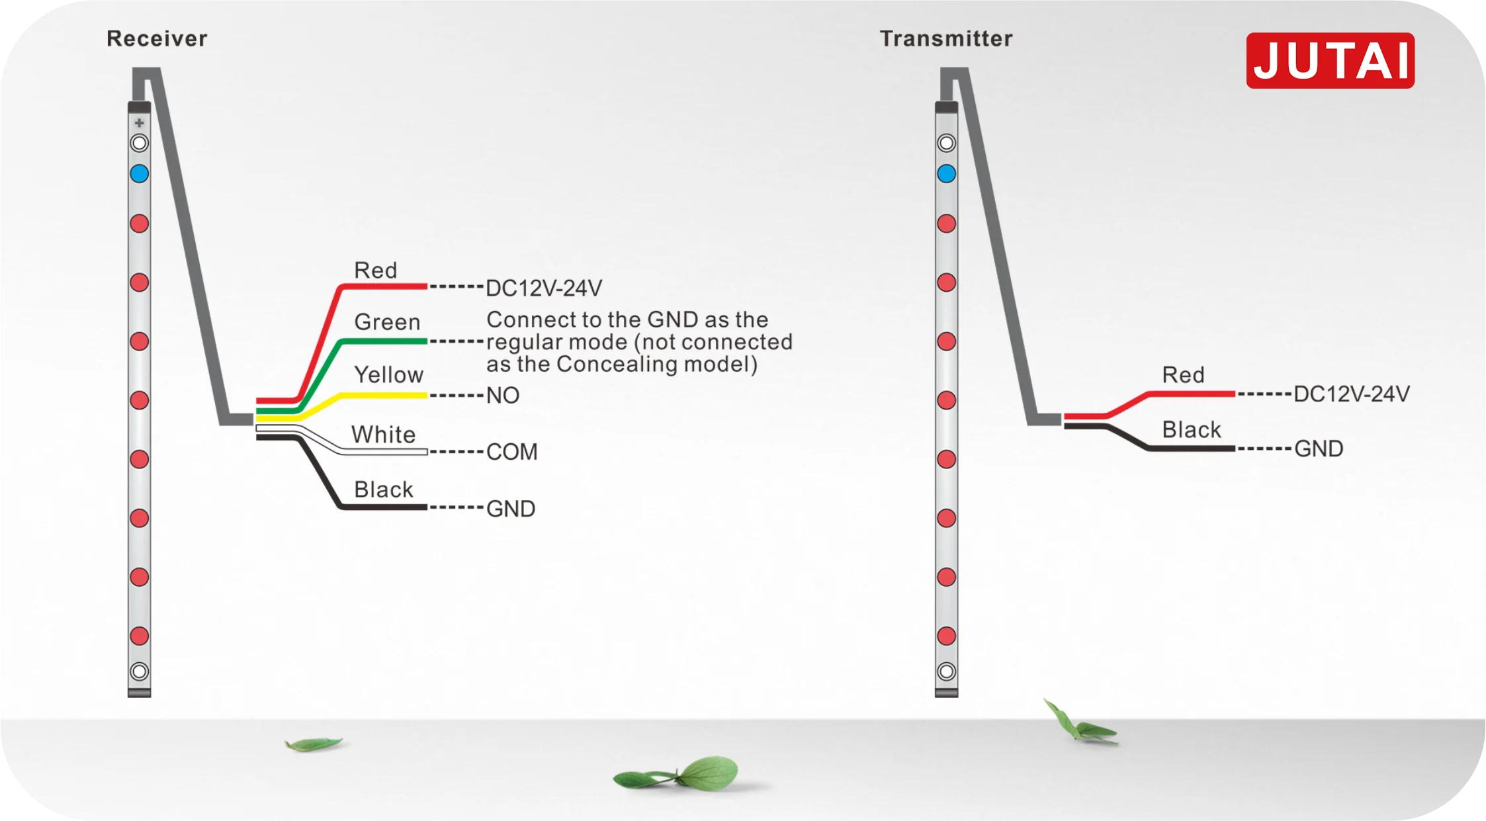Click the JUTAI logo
point(1330,60)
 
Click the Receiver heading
point(157,38)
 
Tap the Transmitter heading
point(946,38)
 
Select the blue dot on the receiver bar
point(139,174)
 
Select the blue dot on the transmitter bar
point(947,174)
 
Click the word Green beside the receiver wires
point(387,322)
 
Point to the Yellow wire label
point(388,375)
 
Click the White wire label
point(383,435)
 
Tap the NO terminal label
point(503,396)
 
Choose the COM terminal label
point(512,452)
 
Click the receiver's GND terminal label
point(511,509)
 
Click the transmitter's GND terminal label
point(1319,449)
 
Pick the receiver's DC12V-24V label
point(544,288)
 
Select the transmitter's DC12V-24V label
point(1352,394)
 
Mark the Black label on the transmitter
point(1192,430)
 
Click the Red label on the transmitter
point(1184,375)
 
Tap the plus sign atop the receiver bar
point(139,123)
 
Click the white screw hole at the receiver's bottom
point(139,672)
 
